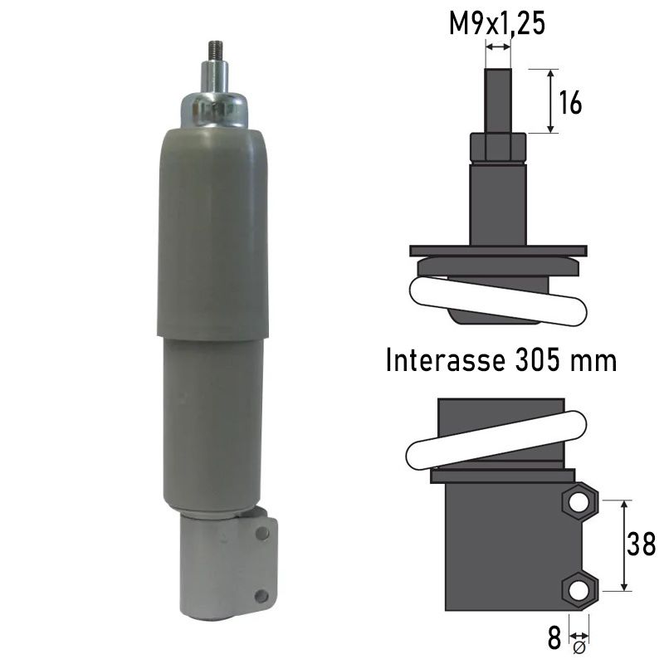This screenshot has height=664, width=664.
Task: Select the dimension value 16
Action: [x=569, y=102]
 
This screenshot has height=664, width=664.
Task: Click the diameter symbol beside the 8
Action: [x=579, y=646]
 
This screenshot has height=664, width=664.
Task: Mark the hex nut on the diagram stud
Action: [x=498, y=147]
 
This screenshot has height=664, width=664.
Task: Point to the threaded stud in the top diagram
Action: [x=498, y=100]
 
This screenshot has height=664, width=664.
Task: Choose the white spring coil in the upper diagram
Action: [x=498, y=299]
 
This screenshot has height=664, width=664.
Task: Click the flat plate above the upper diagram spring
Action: [x=498, y=251]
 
